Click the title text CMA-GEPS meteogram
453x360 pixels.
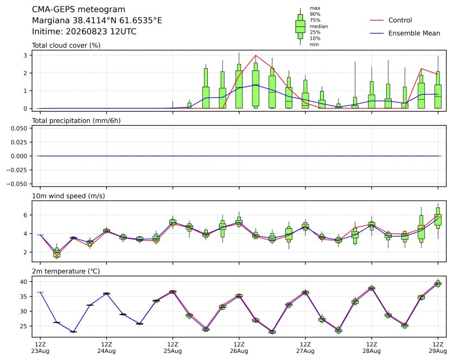79,10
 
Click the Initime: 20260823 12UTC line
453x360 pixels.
84,31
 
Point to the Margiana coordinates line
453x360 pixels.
97,21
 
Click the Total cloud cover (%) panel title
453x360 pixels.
66,46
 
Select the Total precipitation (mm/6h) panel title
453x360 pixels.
76,121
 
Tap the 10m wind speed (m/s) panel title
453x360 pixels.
68,196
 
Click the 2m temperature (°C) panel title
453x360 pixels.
66,272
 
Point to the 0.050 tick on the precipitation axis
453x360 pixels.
19,128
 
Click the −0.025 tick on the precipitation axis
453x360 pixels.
17,170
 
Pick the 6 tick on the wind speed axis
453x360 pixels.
25,215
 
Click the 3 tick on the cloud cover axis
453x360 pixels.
25,55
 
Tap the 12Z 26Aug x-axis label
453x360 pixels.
239,348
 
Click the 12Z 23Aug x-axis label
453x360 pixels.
40,348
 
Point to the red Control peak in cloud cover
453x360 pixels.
256,55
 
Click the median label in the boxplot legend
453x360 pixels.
318,26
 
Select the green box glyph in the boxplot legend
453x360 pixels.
300,26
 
